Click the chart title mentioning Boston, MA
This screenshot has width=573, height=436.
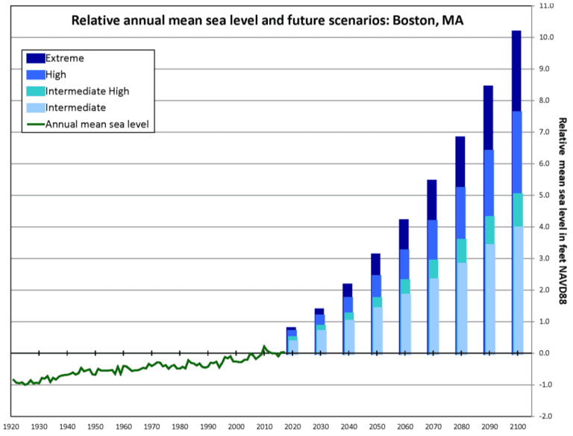point(267,20)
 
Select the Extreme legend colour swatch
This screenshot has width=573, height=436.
point(35,58)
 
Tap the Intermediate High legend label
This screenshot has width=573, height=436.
point(87,91)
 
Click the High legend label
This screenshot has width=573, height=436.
point(56,75)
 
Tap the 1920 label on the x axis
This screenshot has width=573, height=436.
point(11,426)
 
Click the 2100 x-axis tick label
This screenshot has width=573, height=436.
point(515,426)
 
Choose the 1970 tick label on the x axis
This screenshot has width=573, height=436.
point(151,426)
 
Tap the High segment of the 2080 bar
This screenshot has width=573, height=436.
point(460,213)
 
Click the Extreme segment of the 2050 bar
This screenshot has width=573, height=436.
point(375,264)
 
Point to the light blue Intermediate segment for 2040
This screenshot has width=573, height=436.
point(348,336)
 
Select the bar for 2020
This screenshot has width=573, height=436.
point(292,340)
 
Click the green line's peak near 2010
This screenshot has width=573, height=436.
point(264,346)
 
